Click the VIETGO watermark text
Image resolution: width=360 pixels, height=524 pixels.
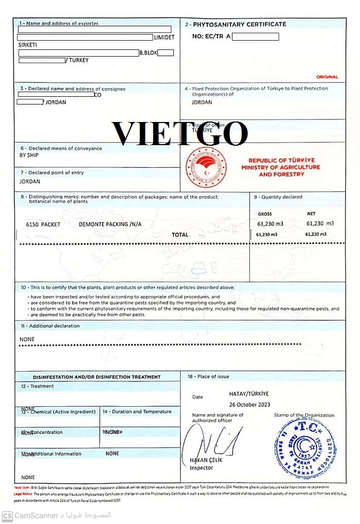[x=180, y=133]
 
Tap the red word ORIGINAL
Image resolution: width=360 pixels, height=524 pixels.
[x=328, y=77]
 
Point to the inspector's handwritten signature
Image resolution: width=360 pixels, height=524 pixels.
[x=211, y=440]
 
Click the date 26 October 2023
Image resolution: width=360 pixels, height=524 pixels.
[x=249, y=405]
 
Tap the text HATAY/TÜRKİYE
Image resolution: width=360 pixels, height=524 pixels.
[x=249, y=394]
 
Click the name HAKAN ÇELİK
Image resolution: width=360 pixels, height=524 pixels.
[x=206, y=460]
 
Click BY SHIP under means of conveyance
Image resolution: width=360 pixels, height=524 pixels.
[x=29, y=155]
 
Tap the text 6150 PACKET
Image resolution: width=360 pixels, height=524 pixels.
[x=43, y=224]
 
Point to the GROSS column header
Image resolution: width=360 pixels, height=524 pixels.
[x=265, y=214]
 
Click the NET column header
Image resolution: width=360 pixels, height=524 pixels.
[x=311, y=214]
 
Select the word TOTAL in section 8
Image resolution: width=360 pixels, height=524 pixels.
[x=180, y=235]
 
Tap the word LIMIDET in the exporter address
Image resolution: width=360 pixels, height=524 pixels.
[x=164, y=38]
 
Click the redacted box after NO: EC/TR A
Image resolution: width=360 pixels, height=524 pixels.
[x=256, y=37]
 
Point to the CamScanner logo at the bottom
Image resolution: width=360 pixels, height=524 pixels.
[x=7, y=515]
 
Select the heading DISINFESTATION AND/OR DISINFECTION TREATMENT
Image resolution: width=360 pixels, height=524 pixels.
[x=97, y=377]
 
